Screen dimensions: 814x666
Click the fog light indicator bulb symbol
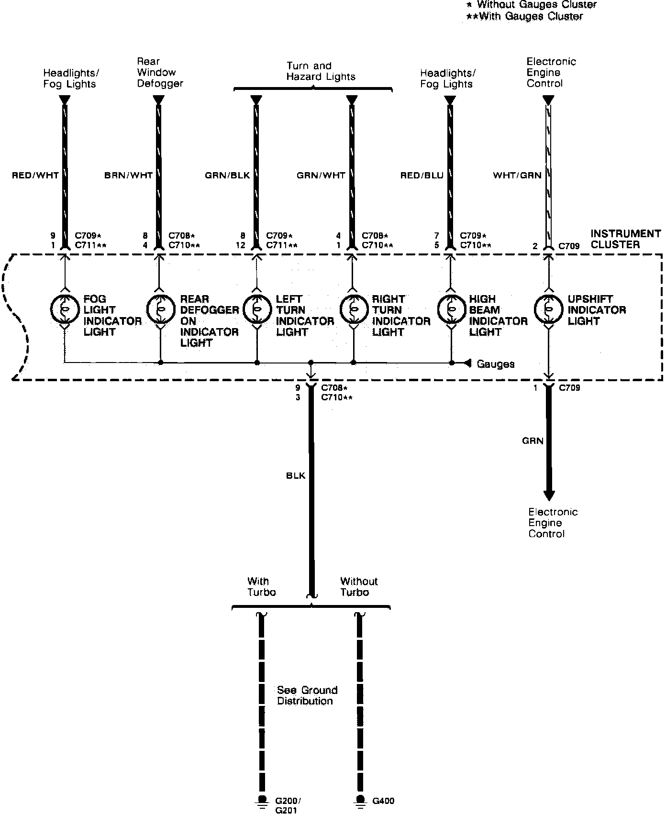pos(64,309)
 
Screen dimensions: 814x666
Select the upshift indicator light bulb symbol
pos(548,309)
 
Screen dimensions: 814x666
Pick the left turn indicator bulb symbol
pos(257,309)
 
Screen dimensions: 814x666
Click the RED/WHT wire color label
pos(35,176)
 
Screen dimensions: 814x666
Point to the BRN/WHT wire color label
pos(128,176)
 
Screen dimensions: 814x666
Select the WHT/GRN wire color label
pos(517,176)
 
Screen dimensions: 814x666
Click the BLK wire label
pos(296,476)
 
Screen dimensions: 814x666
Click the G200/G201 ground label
pos(288,805)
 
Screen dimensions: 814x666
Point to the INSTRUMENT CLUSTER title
pos(625,239)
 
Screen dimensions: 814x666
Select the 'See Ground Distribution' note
pos(307,695)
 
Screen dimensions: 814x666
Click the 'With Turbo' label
pos(261,587)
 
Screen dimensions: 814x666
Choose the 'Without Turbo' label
pos(359,587)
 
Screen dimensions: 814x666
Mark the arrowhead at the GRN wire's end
pos(549,495)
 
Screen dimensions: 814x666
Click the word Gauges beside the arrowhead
pos(495,364)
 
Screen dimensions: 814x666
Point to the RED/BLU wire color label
pos(422,176)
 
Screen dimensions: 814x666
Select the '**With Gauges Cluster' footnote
pos(524,17)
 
